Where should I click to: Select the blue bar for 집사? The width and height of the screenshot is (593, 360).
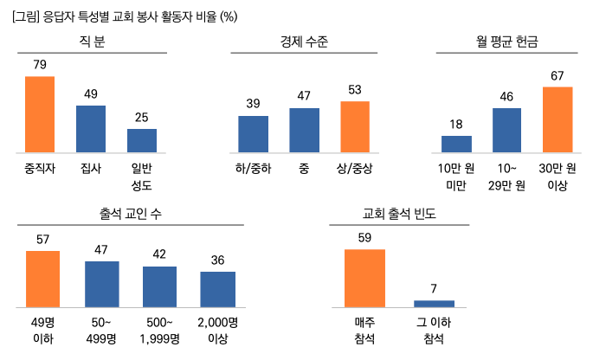coord(91,129)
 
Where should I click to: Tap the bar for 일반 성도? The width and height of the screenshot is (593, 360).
coord(142,140)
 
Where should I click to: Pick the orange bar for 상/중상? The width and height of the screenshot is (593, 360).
coord(355,126)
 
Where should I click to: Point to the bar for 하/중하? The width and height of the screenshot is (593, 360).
coord(253,132)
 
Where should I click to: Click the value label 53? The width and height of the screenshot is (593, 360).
coord(355,90)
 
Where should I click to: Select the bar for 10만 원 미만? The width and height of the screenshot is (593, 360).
coord(456,144)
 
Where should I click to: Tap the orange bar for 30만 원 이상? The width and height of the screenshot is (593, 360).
coord(558,119)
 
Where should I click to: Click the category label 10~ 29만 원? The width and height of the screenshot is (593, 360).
coord(506,177)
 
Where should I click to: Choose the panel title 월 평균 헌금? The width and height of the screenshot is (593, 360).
coord(506,41)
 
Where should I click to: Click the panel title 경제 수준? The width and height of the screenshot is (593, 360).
coord(304,41)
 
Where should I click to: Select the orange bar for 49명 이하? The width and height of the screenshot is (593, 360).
coord(42,279)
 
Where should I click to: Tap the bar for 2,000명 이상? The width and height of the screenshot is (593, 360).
coord(218,289)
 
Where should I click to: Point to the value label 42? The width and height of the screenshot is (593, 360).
coord(159,254)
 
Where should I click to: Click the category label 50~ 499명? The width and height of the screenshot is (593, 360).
coord(101,331)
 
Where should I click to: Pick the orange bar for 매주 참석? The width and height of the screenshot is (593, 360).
coord(364,278)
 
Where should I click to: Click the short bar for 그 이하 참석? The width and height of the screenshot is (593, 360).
coord(434,304)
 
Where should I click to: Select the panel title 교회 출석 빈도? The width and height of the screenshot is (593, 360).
coord(399,214)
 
